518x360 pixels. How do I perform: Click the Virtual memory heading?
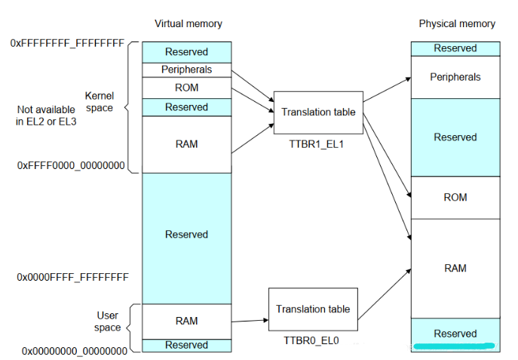189,23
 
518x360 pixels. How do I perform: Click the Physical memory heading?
457,23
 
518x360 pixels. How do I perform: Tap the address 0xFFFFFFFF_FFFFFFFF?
67,44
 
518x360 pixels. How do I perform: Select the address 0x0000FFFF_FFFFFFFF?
72,278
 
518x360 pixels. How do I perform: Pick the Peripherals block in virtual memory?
186,69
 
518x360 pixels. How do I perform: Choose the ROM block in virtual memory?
186,88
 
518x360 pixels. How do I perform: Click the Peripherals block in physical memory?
455,77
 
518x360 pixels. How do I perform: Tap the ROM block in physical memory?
455,198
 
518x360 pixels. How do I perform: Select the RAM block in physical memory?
455,268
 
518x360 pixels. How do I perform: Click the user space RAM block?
186,321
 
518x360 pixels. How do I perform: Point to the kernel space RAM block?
186,144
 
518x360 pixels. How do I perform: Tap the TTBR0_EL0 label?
311,340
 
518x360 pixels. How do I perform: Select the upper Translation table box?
317,112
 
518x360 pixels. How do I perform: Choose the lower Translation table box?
312,309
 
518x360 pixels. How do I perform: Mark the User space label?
108,322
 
